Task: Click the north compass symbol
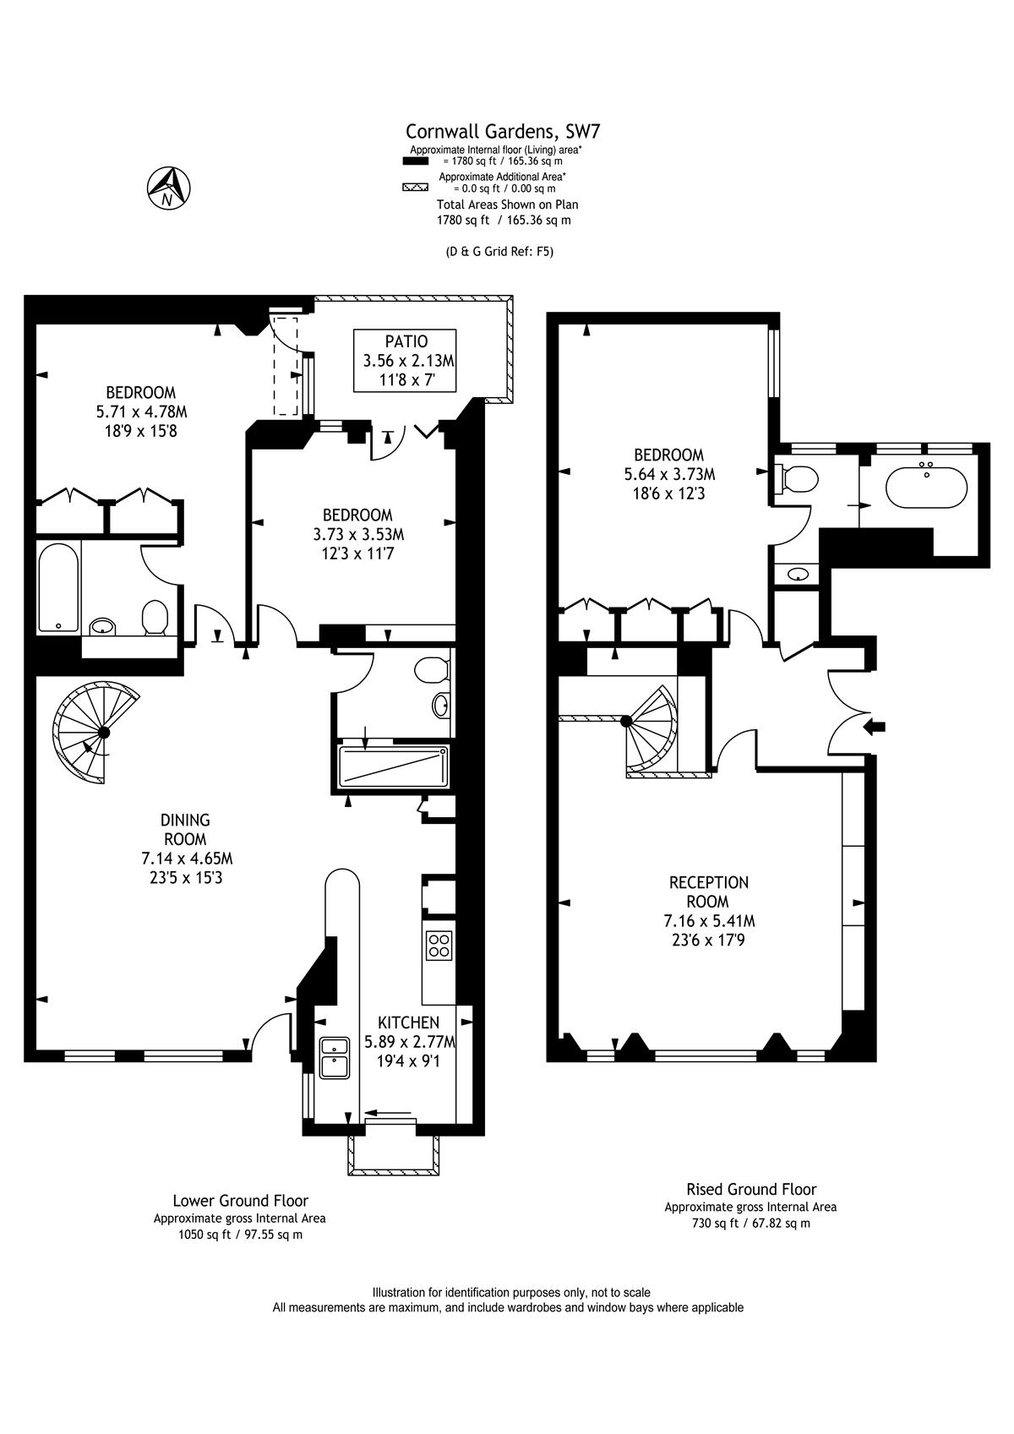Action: (x=168, y=188)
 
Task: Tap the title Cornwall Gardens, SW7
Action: (x=503, y=131)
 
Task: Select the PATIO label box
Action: (x=405, y=361)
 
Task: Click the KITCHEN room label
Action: (x=408, y=1022)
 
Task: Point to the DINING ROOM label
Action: (x=186, y=829)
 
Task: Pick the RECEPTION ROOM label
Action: (x=709, y=891)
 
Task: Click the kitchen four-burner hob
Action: (x=439, y=946)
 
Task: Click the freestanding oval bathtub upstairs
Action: (x=926, y=488)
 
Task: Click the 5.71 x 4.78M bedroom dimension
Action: (x=141, y=412)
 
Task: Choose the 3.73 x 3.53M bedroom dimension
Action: (x=358, y=534)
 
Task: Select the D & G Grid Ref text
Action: (x=499, y=252)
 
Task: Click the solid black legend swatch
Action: (x=415, y=161)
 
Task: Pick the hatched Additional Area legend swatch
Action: (x=415, y=188)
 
